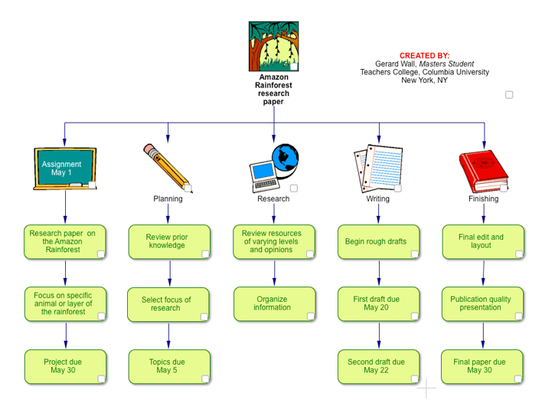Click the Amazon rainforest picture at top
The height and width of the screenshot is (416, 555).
273,46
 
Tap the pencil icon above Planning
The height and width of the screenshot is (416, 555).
167,165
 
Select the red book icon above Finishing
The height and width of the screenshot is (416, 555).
482,171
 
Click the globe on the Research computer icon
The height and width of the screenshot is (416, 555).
285,157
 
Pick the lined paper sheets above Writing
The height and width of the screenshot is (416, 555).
377,169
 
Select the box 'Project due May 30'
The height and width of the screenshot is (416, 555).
65,366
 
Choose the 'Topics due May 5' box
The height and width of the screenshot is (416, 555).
168,366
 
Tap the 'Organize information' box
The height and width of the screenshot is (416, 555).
273,303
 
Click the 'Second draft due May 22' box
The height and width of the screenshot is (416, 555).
378,366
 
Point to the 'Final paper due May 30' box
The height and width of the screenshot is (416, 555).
482,366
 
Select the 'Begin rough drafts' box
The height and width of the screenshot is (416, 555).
378,241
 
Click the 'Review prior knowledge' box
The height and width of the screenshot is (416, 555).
168,241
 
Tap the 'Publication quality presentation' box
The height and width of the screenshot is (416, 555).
482,303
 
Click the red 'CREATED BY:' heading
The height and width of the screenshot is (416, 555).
424,56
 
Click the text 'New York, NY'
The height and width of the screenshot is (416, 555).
424,80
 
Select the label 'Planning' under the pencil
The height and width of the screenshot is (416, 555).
168,199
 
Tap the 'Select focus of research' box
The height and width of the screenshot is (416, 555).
168,303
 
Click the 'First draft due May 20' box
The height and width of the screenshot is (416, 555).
378,303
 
